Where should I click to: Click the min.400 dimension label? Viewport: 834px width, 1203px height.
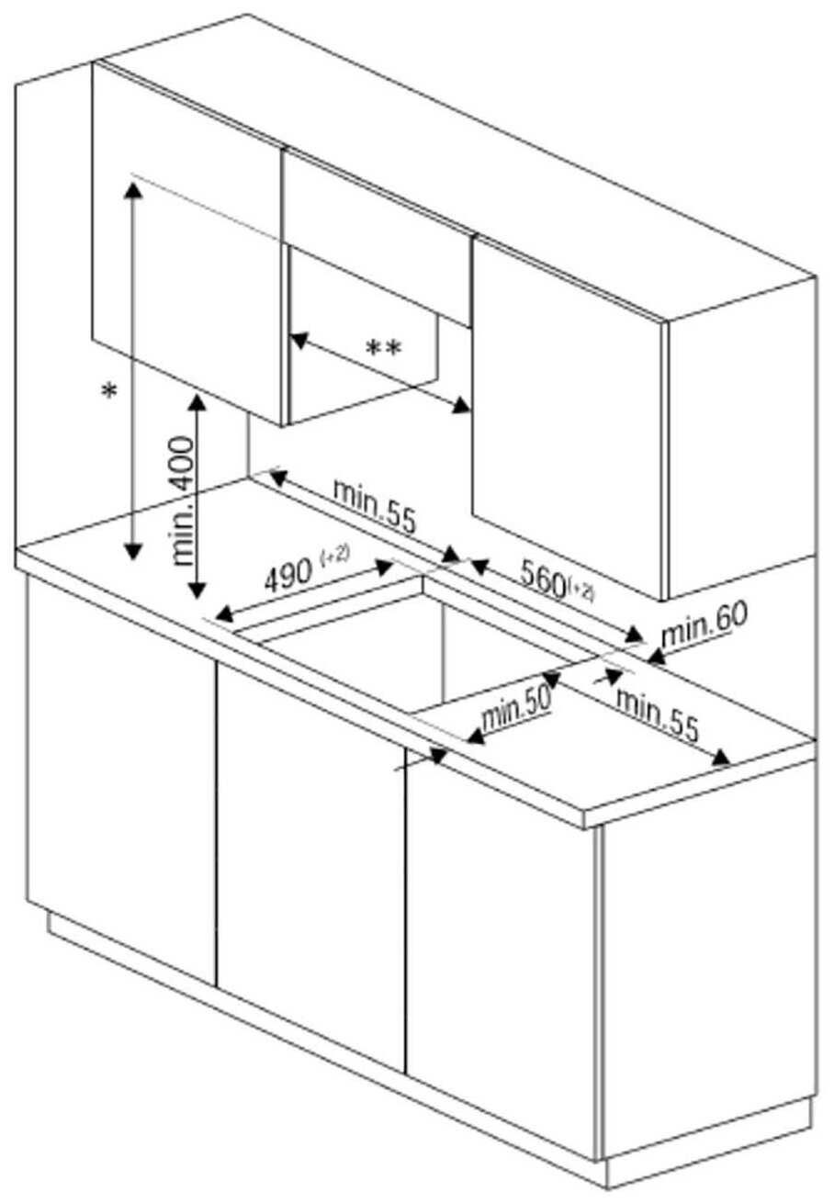click(182, 500)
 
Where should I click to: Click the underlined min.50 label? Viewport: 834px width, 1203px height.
click(516, 711)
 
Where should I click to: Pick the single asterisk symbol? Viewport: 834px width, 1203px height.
click(109, 391)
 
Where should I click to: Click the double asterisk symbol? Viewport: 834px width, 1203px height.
click(383, 349)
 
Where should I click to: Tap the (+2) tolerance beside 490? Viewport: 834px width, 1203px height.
click(335, 555)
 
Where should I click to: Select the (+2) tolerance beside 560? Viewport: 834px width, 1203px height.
click(582, 591)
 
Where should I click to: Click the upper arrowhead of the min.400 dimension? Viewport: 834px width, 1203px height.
click(198, 402)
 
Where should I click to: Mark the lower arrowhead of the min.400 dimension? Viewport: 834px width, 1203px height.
click(197, 590)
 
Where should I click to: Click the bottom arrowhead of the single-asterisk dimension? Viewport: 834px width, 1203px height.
click(132, 551)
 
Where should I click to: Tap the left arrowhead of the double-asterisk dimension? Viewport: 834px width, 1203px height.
click(299, 340)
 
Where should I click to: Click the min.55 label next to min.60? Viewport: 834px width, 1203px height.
click(658, 714)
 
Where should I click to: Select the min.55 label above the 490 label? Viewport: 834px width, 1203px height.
click(375, 506)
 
